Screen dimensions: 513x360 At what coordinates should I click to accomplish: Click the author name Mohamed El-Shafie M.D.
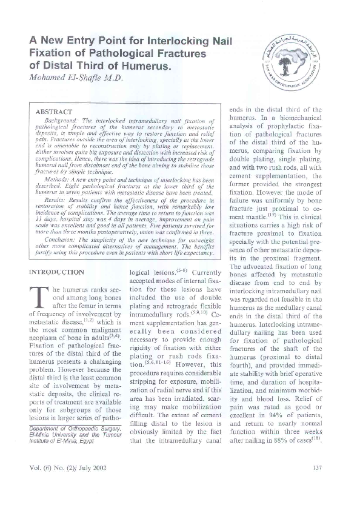click(76, 78)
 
